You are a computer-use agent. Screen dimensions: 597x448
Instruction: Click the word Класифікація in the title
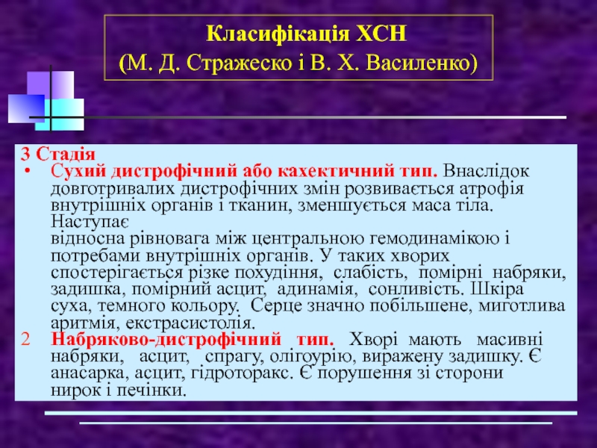[x=278, y=34]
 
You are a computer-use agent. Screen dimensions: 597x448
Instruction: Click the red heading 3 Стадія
[x=58, y=154]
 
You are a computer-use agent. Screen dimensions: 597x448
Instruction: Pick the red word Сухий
[x=78, y=172]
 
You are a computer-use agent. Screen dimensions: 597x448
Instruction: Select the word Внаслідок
[x=486, y=172]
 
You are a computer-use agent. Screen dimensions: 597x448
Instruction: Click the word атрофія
[x=491, y=189]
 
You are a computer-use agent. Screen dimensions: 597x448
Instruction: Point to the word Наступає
[x=90, y=221]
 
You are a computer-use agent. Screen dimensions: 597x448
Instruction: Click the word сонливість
[x=416, y=290]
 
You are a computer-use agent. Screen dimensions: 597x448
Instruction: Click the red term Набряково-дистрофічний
[x=166, y=339]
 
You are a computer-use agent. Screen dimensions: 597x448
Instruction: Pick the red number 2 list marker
[x=25, y=340]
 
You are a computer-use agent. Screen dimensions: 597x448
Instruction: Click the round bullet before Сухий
[x=27, y=172]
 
